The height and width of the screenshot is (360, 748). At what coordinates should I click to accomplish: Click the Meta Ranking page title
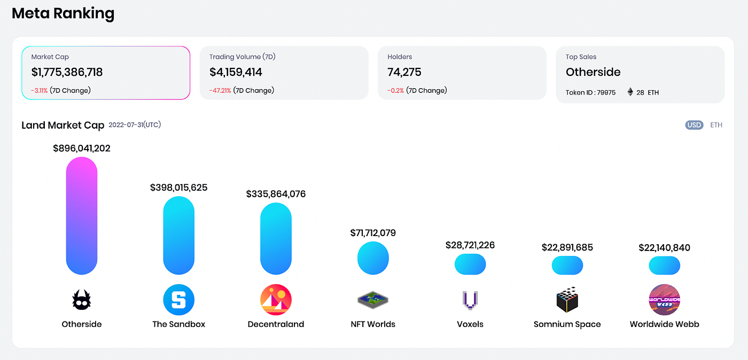63,13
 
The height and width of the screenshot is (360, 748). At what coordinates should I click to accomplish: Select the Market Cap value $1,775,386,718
67,72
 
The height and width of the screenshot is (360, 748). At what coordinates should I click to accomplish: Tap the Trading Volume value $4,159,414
236,72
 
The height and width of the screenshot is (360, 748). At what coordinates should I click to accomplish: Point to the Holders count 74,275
404,72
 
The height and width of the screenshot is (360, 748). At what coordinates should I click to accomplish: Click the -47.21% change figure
220,91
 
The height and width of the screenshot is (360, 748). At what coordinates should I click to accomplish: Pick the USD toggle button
694,125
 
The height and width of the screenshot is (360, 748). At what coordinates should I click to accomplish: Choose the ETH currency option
716,125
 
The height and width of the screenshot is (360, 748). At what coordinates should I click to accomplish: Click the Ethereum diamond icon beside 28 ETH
630,92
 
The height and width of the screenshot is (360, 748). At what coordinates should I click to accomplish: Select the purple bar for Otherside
82,215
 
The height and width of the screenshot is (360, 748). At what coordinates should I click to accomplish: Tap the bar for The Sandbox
178,235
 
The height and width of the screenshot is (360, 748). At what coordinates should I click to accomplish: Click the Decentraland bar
276,239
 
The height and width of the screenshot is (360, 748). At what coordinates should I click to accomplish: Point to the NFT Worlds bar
373,258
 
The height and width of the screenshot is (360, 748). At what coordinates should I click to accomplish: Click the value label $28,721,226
470,245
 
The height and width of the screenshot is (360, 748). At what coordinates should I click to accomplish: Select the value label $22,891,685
567,247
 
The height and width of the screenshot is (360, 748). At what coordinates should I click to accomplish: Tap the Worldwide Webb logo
664,300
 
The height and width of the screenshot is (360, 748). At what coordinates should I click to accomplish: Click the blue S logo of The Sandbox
178,300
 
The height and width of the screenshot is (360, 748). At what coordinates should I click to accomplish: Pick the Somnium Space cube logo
567,300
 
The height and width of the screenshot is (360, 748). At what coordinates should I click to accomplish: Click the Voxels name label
470,324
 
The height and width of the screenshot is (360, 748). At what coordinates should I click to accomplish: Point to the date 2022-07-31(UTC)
135,125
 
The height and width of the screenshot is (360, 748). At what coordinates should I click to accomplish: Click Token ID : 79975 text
590,92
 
